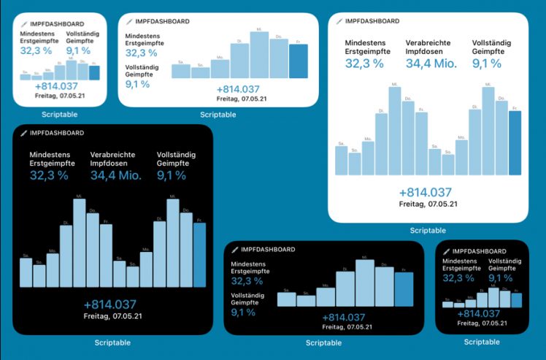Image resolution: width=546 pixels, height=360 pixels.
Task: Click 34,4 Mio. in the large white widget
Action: pyautogui.click(x=431, y=64)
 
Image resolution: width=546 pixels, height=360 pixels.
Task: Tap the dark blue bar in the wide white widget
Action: pyautogui.click(x=298, y=61)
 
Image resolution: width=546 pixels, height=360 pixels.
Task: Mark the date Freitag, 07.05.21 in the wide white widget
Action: pyautogui.click(x=218, y=99)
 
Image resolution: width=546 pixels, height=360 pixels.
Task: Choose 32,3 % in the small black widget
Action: pyautogui.click(x=458, y=278)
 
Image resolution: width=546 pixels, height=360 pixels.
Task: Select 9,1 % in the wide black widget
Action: pyautogui.click(x=243, y=313)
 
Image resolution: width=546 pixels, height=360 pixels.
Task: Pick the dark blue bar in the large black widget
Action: pyautogui.click(x=199, y=255)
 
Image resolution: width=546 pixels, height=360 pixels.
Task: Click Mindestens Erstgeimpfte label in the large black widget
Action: pyautogui.click(x=52, y=159)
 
